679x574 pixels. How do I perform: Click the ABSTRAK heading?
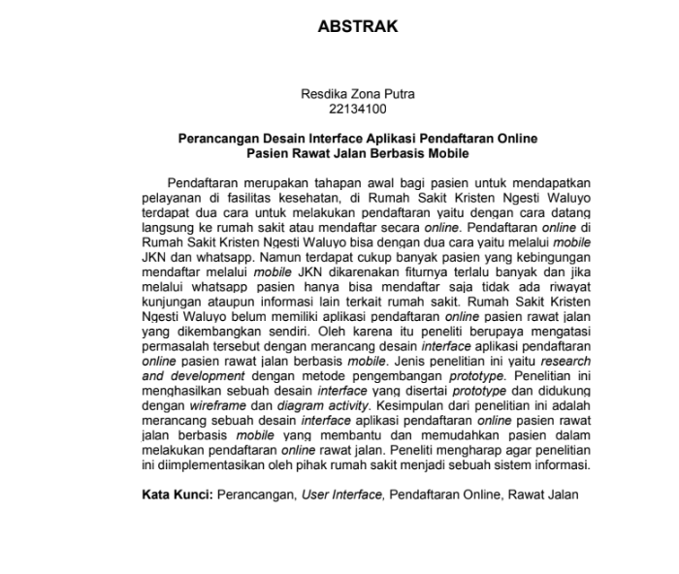[357, 27]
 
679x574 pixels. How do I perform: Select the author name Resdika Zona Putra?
[358, 94]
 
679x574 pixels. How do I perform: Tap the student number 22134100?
[358, 110]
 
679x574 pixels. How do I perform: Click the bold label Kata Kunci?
[177, 494]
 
